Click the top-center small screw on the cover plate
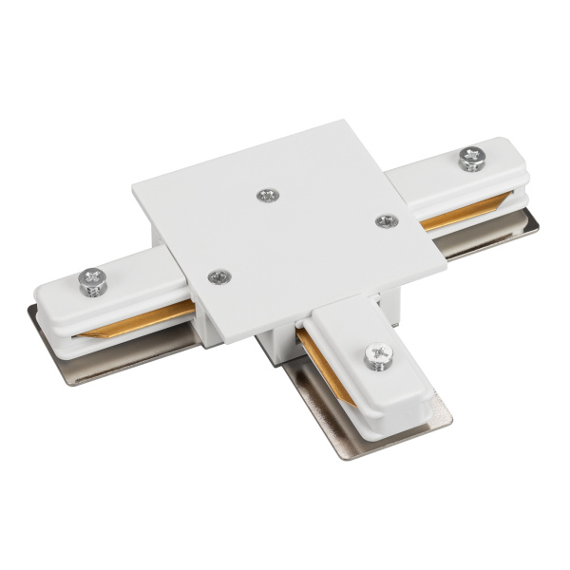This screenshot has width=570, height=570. [x=267, y=195]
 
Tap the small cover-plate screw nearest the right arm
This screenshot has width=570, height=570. [x=385, y=220]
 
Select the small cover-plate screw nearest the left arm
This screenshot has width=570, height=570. [x=219, y=275]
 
